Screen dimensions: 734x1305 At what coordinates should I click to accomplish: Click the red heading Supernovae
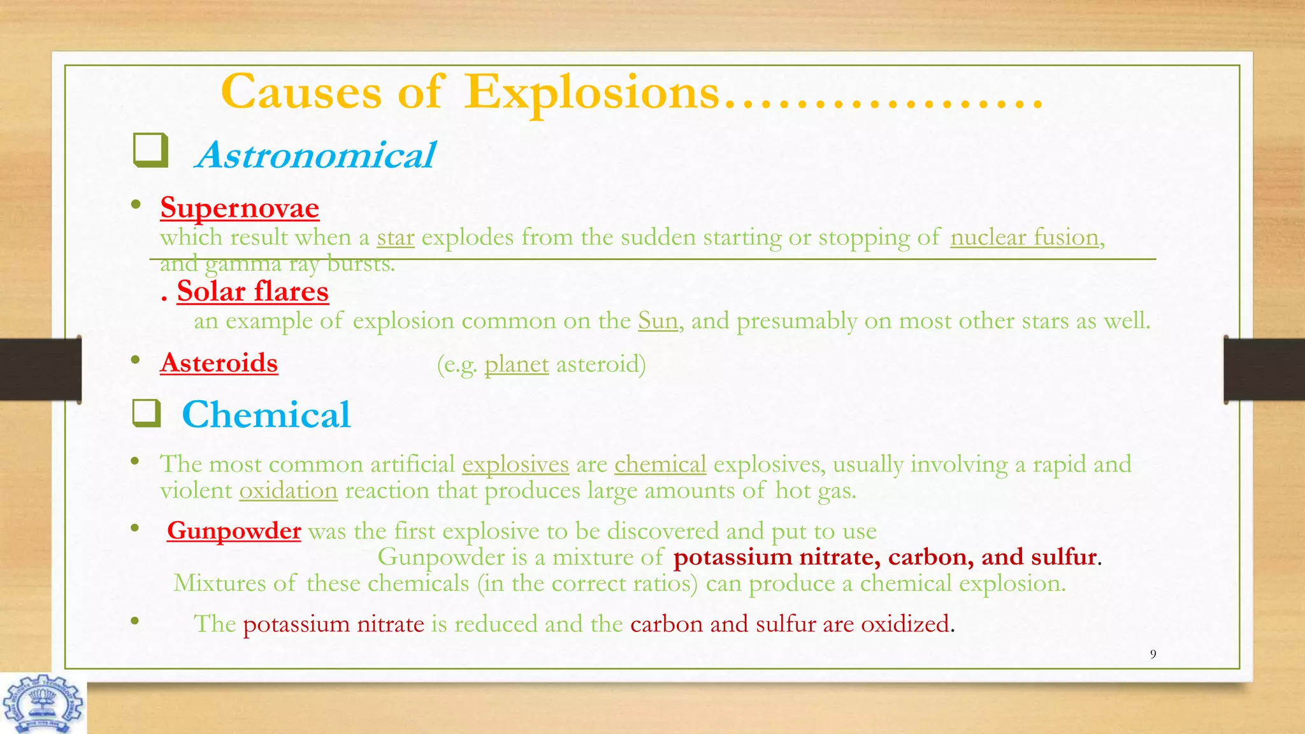240,208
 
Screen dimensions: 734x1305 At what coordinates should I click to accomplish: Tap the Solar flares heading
253,291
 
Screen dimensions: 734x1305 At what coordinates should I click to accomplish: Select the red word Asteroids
219,363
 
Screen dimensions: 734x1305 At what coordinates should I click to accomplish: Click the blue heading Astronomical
317,155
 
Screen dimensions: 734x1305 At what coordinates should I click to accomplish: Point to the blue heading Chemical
266,414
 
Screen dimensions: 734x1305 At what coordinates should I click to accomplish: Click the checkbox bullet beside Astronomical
150,151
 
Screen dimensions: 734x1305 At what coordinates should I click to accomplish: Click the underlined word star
396,238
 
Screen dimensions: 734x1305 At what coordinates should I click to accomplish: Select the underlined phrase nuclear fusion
1025,238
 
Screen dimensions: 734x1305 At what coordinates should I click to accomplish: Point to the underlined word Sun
658,320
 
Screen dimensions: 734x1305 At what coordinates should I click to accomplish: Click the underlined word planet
516,364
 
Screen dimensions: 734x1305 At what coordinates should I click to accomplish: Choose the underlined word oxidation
288,491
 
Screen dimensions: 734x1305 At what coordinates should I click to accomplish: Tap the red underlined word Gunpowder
234,531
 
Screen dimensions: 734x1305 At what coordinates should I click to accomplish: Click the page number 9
1153,654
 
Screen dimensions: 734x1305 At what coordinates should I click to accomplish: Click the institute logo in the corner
43,703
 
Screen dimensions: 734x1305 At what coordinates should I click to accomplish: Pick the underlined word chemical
660,464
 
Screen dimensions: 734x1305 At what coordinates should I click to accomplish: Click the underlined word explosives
516,464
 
